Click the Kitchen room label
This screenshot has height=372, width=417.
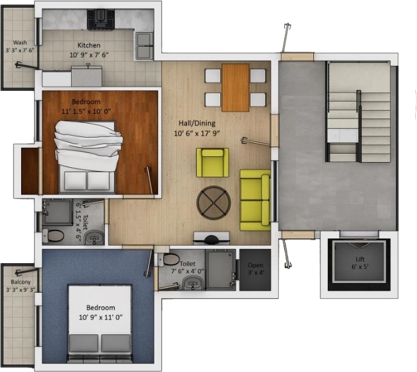click(x=89, y=45)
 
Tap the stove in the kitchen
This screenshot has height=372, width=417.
click(x=101, y=19)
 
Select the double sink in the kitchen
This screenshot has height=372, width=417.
click(x=144, y=45)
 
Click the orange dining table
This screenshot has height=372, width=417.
click(x=235, y=88)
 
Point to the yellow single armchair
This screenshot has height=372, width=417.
click(x=212, y=163)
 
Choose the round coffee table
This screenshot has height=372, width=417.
click(x=213, y=203)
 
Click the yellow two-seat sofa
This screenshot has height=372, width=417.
click(x=255, y=200)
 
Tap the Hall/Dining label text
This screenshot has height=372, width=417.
click(x=197, y=123)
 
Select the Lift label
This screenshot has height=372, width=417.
click(x=360, y=259)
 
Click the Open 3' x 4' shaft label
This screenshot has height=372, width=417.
click(x=256, y=268)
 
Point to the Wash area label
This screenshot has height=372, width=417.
click(x=20, y=42)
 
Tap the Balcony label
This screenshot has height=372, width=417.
click(x=20, y=282)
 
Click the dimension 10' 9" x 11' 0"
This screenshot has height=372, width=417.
click(x=101, y=317)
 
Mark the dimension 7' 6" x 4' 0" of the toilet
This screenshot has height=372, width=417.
click(x=188, y=271)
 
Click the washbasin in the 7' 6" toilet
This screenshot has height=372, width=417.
click(x=193, y=283)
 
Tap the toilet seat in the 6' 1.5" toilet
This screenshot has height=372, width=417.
click(x=53, y=236)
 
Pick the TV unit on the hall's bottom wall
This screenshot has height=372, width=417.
click(x=211, y=238)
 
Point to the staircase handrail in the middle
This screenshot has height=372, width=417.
click(x=359, y=126)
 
